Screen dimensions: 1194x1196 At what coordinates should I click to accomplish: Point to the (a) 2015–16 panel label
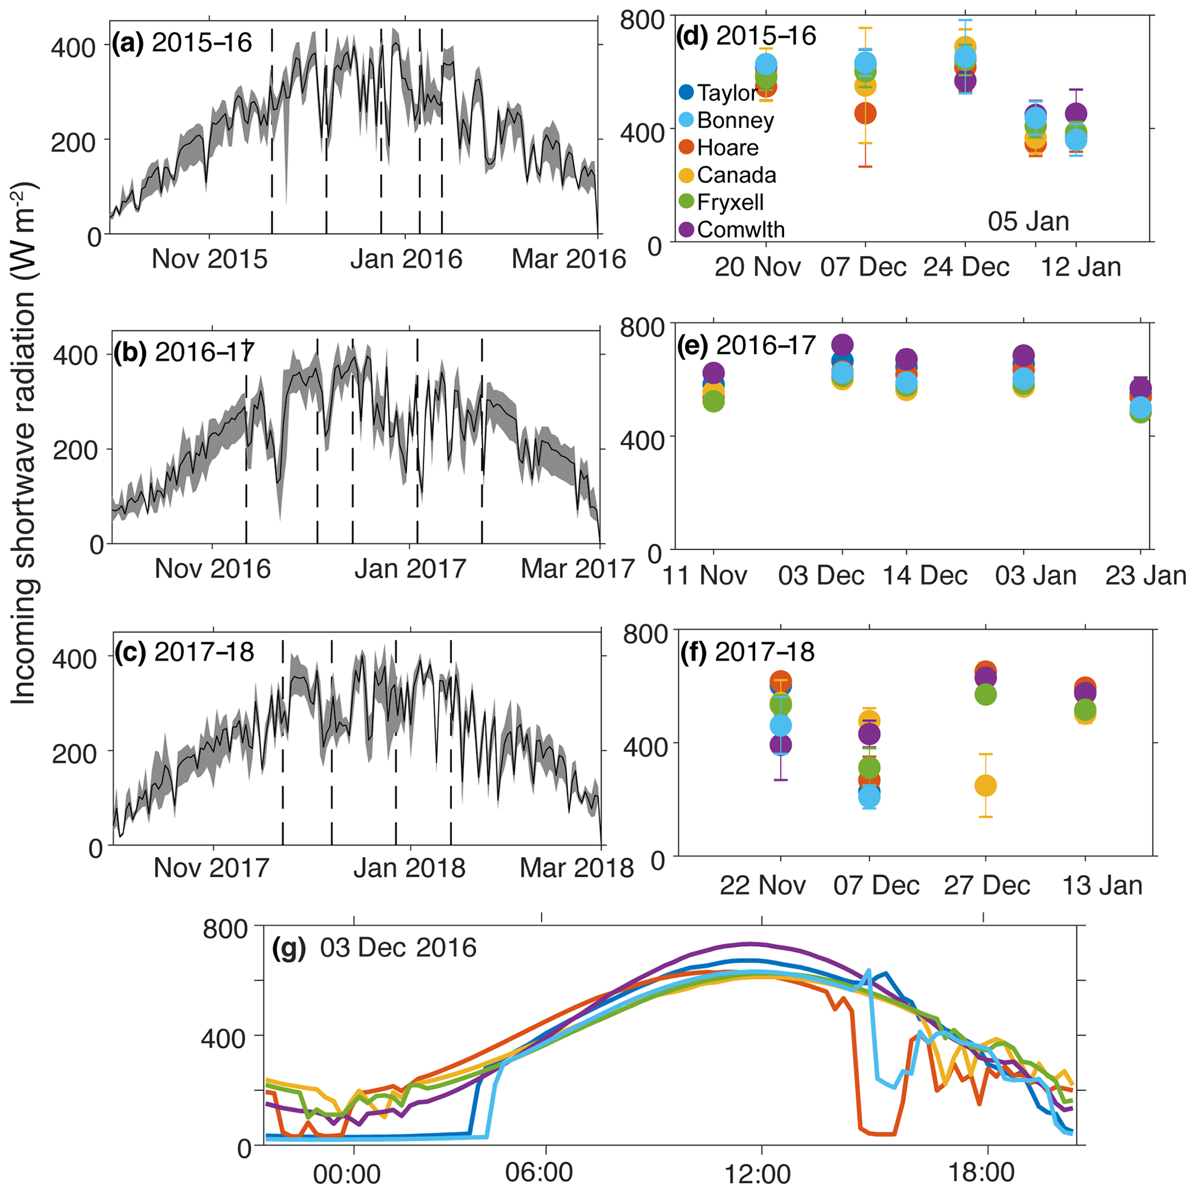(x=181, y=43)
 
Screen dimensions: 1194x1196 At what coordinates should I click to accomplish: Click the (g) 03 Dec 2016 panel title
(x=374, y=948)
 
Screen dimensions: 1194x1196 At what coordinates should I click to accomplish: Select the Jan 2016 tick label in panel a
(x=406, y=258)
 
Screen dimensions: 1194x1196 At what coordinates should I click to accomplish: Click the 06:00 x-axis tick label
(x=540, y=1173)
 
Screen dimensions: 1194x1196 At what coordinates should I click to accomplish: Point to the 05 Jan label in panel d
(x=1028, y=221)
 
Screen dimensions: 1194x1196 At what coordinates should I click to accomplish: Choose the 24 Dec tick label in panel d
(x=966, y=267)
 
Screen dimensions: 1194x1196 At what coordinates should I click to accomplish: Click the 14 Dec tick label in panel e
(x=925, y=575)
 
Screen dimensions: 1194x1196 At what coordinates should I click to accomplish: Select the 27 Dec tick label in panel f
(x=987, y=885)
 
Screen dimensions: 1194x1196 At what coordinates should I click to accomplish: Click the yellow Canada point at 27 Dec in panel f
(x=985, y=786)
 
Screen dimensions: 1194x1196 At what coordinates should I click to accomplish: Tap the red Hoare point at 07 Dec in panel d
(x=866, y=113)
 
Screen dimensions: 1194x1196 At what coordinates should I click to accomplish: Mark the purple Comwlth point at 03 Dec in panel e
(x=842, y=345)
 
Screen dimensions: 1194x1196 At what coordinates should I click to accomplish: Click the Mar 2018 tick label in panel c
(x=576, y=868)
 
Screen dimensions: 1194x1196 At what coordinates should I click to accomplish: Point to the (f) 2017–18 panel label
(x=747, y=652)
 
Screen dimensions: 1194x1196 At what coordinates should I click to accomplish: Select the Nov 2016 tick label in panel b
(x=212, y=568)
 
